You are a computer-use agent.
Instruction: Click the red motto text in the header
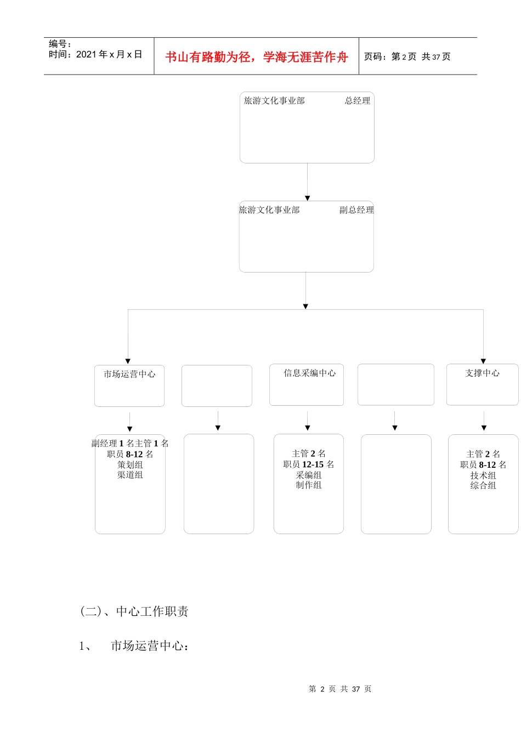(x=257, y=57)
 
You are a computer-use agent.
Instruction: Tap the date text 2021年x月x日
(x=95, y=54)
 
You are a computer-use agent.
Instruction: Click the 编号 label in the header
(x=60, y=44)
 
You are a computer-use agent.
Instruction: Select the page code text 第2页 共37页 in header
(x=407, y=56)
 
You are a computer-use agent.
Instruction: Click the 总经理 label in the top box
(x=358, y=101)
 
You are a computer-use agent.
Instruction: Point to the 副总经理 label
(x=356, y=210)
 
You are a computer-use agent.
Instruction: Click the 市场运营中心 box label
(x=129, y=374)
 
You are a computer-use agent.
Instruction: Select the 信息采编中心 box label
(x=309, y=373)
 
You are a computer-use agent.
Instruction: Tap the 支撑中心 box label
(x=482, y=373)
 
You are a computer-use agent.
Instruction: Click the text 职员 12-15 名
(x=309, y=464)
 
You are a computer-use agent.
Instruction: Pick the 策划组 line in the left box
(x=130, y=464)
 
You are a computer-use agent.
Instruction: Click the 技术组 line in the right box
(x=483, y=475)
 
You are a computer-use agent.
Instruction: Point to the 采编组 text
(x=309, y=475)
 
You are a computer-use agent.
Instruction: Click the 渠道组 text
(x=130, y=475)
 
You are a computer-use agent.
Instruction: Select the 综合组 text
(x=483, y=485)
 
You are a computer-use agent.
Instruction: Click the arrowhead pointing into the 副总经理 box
(x=307, y=198)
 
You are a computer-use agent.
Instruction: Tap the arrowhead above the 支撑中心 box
(x=484, y=361)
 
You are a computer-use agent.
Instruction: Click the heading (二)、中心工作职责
(x=134, y=611)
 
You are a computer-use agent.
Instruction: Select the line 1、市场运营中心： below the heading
(x=135, y=646)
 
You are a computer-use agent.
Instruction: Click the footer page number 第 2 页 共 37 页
(x=340, y=689)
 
